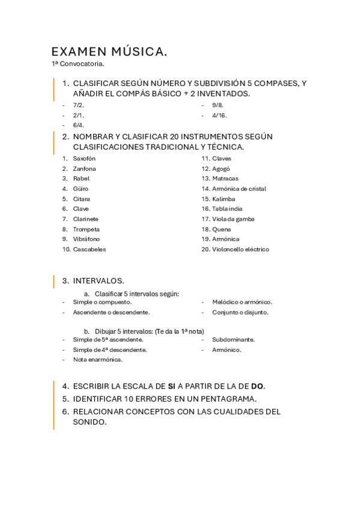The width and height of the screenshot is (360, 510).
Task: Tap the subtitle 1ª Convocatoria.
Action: point(78,63)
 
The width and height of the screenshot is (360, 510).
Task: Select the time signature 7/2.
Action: point(79,105)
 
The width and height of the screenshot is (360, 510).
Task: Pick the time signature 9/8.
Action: point(218,105)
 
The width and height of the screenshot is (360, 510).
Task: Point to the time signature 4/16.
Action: point(219,115)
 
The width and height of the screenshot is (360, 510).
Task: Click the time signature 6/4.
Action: point(79,125)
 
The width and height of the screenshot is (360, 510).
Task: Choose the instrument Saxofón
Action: point(84,158)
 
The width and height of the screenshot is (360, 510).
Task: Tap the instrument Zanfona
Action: point(84,168)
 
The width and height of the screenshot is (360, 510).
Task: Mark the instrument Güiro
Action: point(81,189)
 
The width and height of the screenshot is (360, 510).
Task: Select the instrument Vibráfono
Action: point(87,239)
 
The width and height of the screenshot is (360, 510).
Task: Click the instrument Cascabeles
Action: point(90,249)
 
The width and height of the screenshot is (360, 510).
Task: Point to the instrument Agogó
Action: point(221,168)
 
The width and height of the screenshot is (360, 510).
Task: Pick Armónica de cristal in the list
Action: point(239,189)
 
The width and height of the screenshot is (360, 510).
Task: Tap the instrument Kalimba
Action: point(224,198)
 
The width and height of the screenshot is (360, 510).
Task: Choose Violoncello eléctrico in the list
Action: point(240,249)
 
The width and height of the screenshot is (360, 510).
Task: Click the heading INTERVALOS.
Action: point(99,280)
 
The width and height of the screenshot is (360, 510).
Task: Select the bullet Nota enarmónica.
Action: point(97,360)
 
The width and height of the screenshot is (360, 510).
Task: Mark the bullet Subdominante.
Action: point(233,339)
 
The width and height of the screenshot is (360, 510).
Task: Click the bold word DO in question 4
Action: point(257,386)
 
